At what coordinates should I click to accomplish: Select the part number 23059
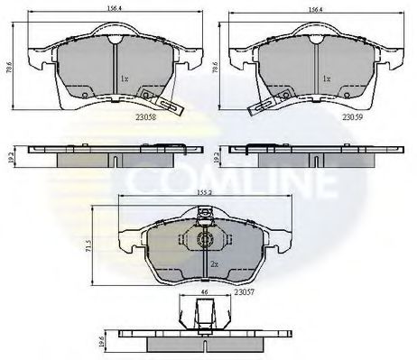[x=352, y=116]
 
